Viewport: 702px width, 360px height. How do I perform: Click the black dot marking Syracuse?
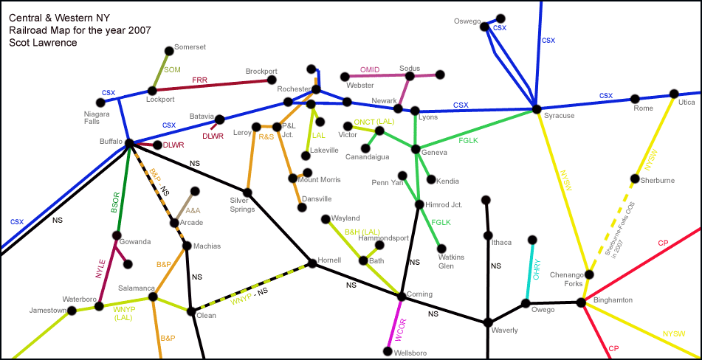[x=537, y=110]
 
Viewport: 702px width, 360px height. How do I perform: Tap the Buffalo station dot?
[x=129, y=143]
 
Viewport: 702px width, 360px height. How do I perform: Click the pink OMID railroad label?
[x=369, y=70]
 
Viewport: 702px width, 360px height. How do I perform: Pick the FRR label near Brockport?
[x=199, y=80]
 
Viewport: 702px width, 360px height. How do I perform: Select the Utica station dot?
[x=673, y=94]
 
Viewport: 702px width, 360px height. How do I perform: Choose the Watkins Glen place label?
[x=451, y=261]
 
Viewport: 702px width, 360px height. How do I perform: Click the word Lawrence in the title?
[x=55, y=43]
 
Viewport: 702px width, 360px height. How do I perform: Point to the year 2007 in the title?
[x=139, y=30]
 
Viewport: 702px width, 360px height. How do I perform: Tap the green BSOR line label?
[x=115, y=202]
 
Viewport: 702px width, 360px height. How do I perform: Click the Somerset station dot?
[x=169, y=50]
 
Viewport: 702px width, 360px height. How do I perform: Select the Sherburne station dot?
[x=635, y=179]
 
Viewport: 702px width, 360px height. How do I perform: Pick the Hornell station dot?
[x=312, y=263]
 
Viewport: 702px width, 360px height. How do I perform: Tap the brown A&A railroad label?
[x=193, y=211]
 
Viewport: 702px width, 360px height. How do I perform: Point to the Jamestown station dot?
[x=72, y=311]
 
